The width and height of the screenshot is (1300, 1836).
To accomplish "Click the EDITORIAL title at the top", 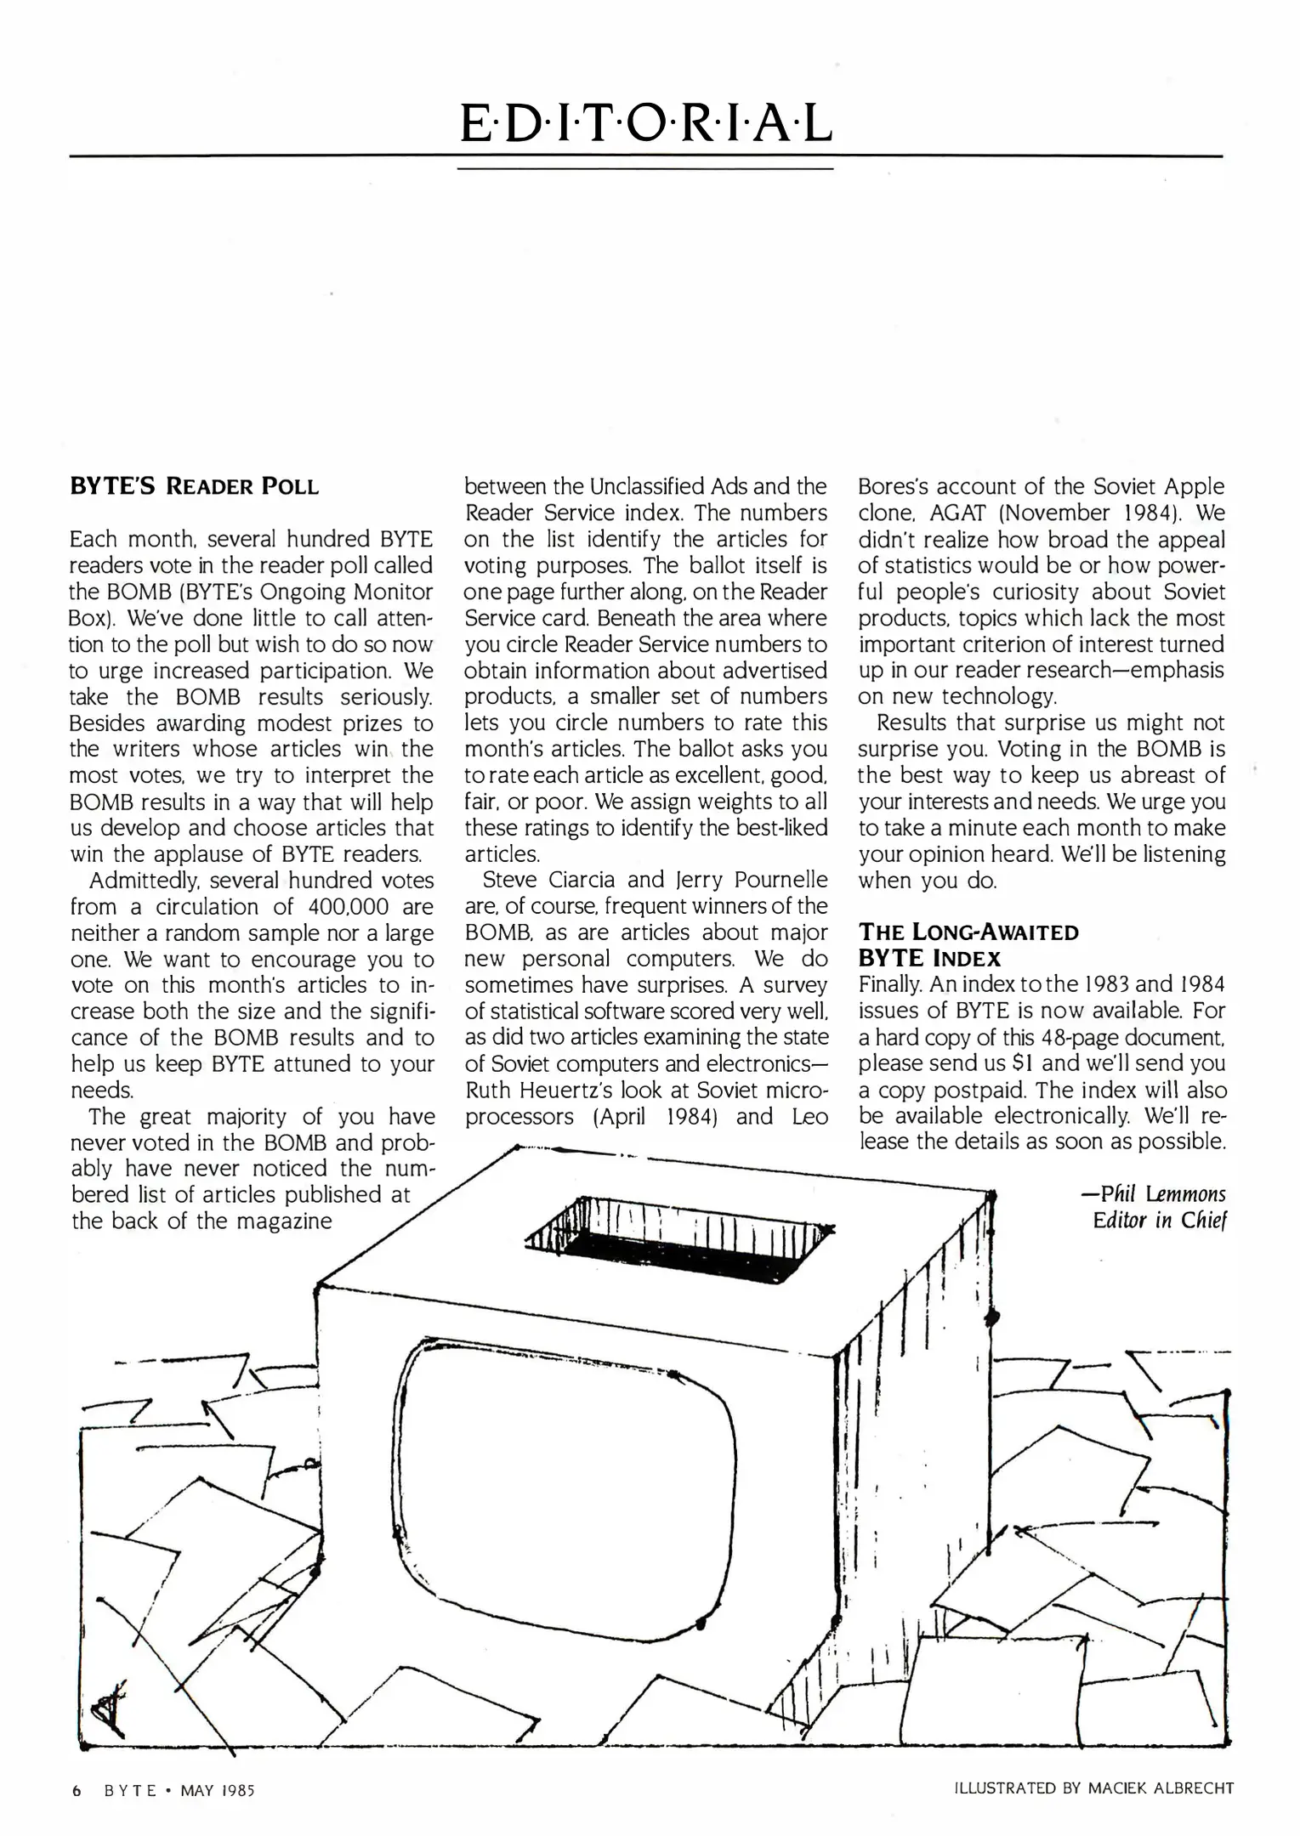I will click(x=645, y=123).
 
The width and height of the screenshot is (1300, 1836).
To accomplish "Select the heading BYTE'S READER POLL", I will click(x=194, y=487).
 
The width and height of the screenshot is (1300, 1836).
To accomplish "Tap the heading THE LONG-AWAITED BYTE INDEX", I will click(x=968, y=944).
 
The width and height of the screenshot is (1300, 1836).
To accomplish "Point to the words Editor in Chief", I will click(x=1160, y=1221).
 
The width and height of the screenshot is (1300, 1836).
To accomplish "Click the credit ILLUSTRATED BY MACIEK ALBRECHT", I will click(x=1093, y=1788).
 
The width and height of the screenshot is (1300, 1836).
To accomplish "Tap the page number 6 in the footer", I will click(x=77, y=1789).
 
